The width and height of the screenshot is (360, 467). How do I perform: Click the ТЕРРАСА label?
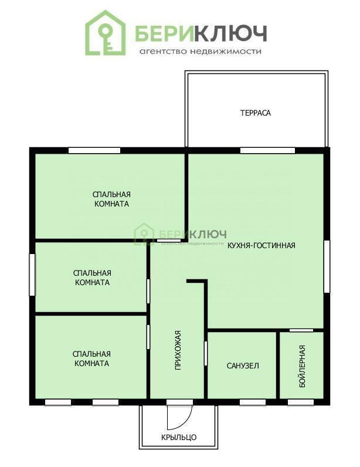pos(256,113)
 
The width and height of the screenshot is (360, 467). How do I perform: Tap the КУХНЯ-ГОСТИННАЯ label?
pos(261,245)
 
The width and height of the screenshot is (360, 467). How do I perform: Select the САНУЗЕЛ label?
pos(243,366)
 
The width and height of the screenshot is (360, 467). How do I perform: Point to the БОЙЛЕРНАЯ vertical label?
pos(302,366)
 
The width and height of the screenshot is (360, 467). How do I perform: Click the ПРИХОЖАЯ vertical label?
pos(178,350)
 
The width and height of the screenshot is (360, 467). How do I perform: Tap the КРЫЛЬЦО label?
pos(179,437)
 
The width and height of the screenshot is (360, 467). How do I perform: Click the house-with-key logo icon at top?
pos(106,33)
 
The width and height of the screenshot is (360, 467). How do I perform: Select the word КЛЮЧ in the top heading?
pos(231,33)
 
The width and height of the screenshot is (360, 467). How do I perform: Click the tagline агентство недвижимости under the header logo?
pos(201,52)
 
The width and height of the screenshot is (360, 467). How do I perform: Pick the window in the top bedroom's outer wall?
pos(94,150)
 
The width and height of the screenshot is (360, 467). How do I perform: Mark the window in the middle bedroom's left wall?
pos(32,275)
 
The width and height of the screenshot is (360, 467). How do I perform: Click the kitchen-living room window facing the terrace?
pos(267,150)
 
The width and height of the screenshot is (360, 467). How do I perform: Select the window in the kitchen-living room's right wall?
pos(327,266)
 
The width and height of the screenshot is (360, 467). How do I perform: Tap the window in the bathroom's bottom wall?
pos(253,402)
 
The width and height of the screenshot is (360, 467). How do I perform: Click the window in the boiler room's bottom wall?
pos(301,402)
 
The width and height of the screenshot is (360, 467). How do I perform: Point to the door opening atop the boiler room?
pos(301,330)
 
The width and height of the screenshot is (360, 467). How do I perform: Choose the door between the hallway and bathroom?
pos(206,354)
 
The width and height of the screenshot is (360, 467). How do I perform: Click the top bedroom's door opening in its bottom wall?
pos(169,240)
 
